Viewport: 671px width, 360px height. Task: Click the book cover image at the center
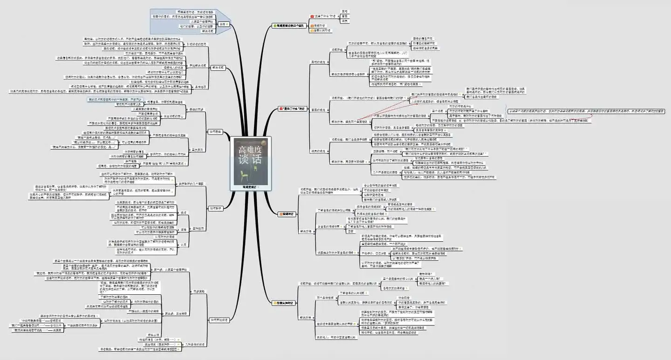pos(252,161)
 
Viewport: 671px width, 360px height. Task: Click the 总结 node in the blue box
pos(223,23)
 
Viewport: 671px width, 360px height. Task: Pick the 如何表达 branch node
pos(215,131)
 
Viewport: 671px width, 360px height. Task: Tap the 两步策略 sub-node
pos(199,291)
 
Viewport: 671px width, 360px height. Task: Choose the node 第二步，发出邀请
pos(173,313)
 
